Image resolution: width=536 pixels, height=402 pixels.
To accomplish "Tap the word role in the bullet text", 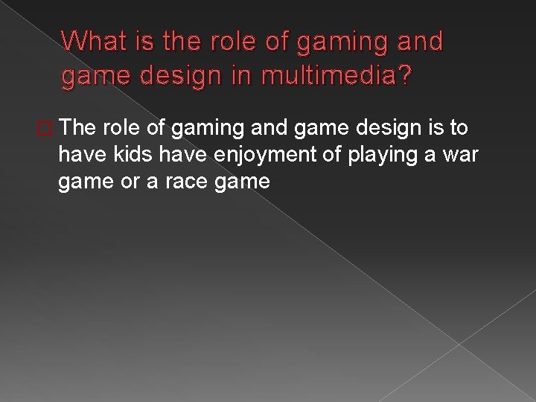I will [x=115, y=129].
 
